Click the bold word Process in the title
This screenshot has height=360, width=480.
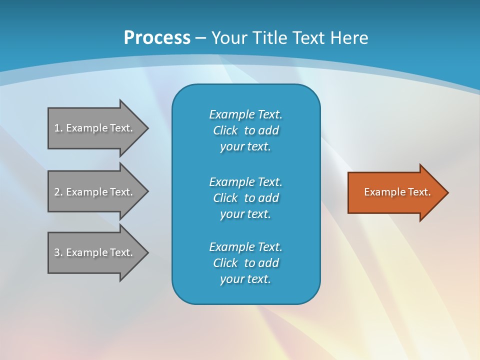coord(157,38)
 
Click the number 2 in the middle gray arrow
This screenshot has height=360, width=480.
coord(57,192)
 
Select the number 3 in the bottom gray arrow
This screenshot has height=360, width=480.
coord(57,252)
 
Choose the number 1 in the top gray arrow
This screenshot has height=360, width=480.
coord(57,128)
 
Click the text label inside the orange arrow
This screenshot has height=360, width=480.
coord(397,192)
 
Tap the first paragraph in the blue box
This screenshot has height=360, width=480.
coord(245,130)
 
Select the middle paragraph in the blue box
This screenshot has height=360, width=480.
coord(245,198)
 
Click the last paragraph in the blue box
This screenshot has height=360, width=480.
coord(245,263)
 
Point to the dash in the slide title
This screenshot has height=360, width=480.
coord(201,38)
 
